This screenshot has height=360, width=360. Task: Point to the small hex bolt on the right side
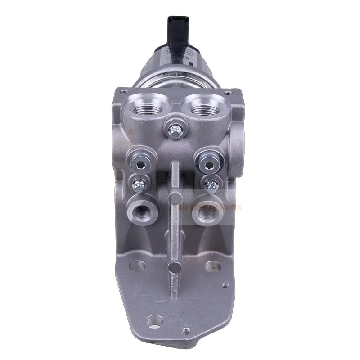click(x=211, y=183)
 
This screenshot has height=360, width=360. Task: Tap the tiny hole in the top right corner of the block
click(x=229, y=93)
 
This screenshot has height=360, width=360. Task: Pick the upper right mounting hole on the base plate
click(x=212, y=266)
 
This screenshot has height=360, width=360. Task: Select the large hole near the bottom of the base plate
click(x=155, y=321)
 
